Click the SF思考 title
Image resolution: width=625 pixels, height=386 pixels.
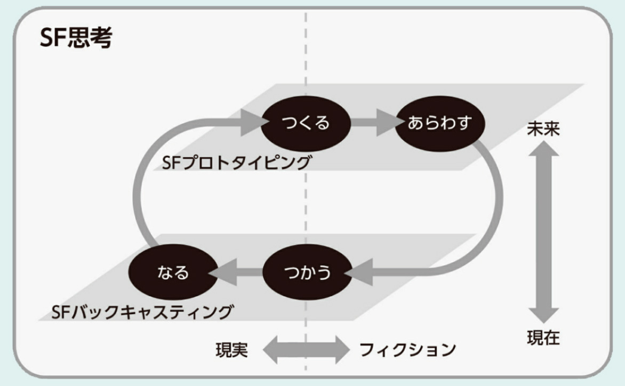(x=76, y=38)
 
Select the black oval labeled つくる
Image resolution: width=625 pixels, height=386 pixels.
(x=306, y=124)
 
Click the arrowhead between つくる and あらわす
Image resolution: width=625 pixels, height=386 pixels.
(x=387, y=124)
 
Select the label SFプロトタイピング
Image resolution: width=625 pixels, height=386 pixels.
(x=236, y=162)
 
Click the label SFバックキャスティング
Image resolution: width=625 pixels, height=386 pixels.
(x=142, y=311)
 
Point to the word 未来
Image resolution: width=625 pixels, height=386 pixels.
(x=543, y=128)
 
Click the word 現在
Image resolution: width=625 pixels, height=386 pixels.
(x=543, y=338)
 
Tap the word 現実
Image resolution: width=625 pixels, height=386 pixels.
(x=231, y=350)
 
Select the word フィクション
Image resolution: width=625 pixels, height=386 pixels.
(x=408, y=350)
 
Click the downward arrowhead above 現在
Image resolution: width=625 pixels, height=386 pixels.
(x=543, y=314)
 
